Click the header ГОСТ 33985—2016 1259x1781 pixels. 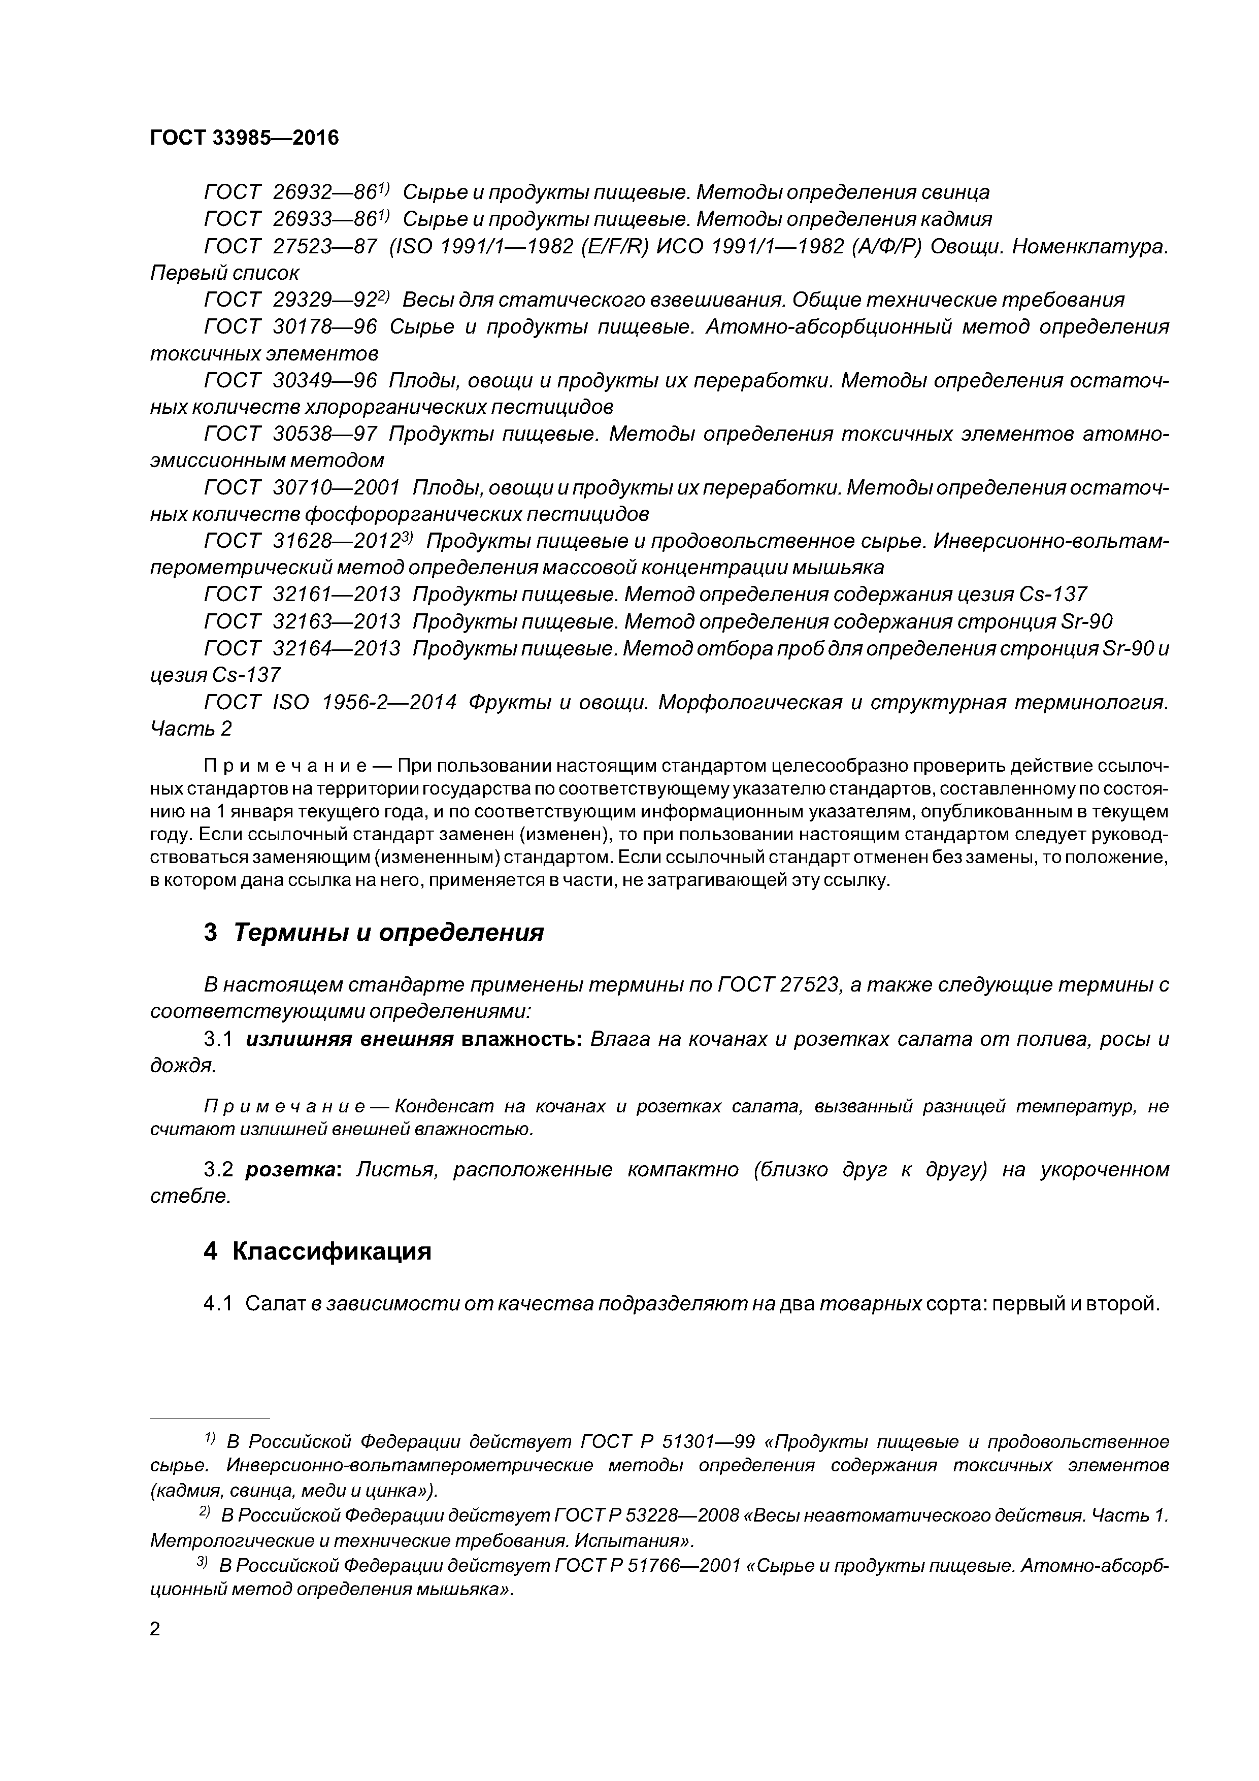(x=244, y=138)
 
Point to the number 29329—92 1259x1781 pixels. (x=324, y=300)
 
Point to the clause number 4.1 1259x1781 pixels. (x=217, y=1304)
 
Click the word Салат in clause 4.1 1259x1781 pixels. (x=276, y=1304)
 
